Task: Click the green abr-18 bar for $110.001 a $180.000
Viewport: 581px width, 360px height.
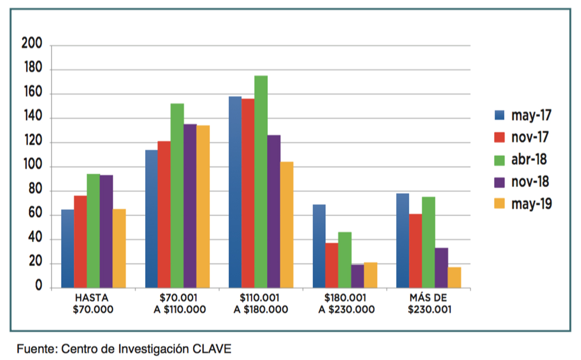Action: point(261,182)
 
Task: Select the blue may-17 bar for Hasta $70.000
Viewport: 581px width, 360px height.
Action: point(68,248)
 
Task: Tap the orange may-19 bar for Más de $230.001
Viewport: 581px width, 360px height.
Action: point(455,277)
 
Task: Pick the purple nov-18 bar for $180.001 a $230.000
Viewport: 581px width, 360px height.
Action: point(357,276)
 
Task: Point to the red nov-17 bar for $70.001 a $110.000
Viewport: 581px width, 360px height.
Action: point(164,215)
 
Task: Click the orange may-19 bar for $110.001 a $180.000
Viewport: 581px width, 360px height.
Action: point(287,225)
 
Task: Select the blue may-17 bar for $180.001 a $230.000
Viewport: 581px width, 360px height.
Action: point(319,246)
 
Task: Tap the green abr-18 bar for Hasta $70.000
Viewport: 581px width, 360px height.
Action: point(93,231)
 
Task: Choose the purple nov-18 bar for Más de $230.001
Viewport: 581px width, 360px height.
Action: point(441,268)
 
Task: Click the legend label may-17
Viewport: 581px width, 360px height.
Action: point(531,115)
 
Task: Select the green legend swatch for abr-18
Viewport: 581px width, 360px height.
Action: point(499,159)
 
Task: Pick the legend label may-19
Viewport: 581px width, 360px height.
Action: point(531,204)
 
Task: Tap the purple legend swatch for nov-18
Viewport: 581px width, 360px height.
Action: point(499,181)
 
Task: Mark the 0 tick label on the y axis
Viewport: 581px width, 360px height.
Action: point(38,287)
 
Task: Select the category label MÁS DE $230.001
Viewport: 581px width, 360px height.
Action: point(429,304)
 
